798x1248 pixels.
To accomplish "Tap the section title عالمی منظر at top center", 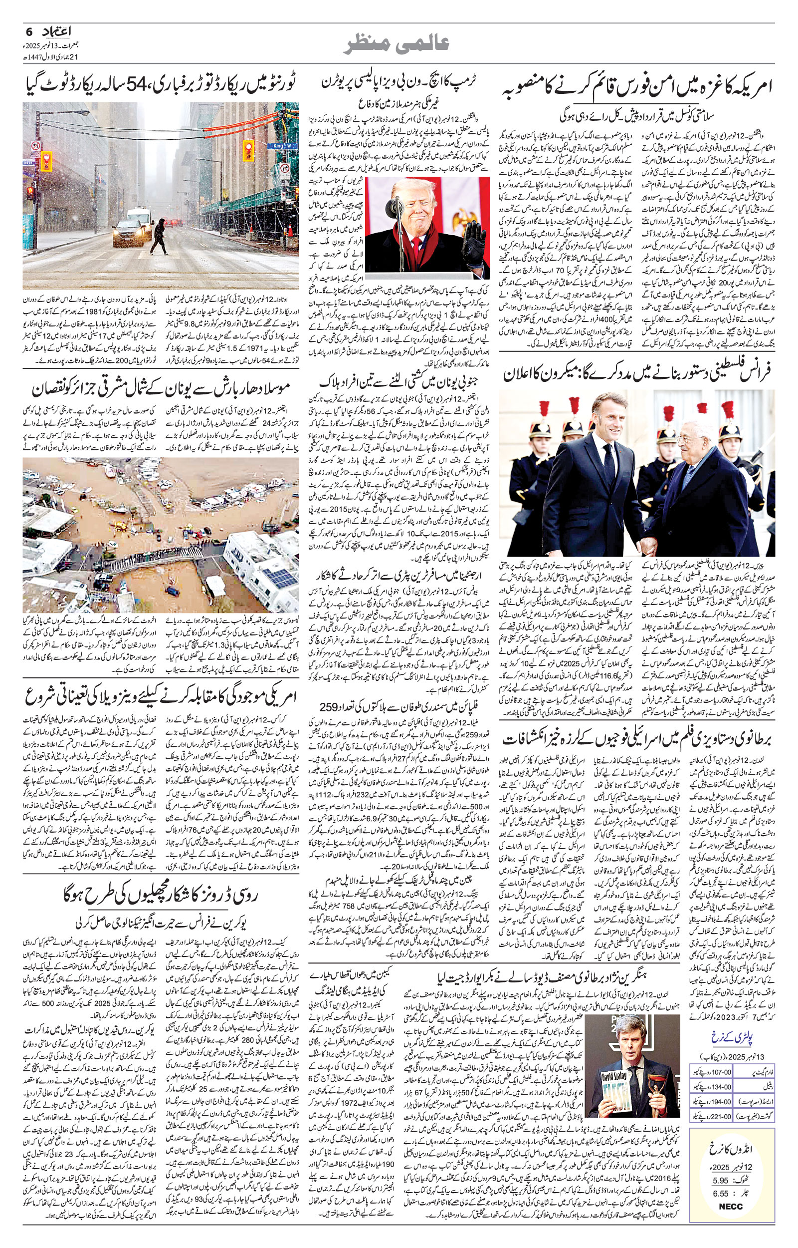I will coord(399,44).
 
